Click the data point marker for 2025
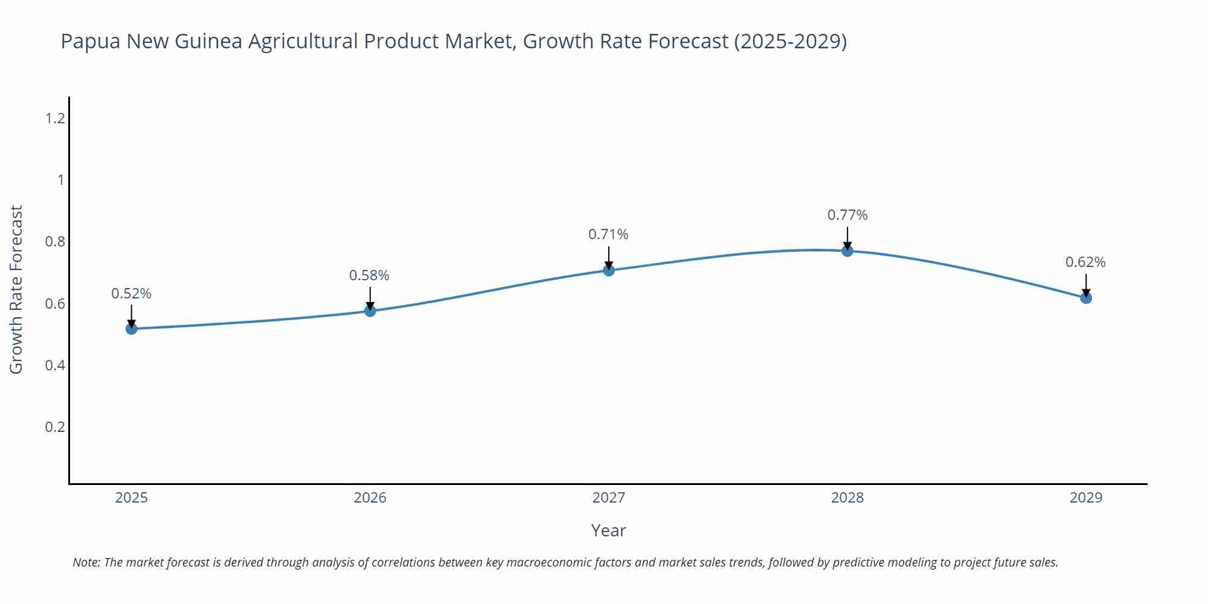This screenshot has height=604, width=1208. point(132,329)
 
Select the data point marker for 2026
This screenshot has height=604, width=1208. point(370,310)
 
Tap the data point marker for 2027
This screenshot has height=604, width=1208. point(609,270)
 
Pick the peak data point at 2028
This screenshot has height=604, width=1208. point(847,251)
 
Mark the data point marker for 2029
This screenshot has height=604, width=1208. point(1086,298)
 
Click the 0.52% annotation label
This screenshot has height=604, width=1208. point(132,294)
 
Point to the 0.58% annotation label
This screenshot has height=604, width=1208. point(370,275)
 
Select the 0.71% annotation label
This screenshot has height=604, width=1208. point(608,234)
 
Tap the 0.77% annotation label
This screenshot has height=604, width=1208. point(847,215)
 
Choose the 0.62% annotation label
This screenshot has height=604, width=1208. point(1085,262)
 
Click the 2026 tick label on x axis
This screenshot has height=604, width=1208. point(370,498)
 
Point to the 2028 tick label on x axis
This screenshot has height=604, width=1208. point(847,498)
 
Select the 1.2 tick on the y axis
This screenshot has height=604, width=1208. point(55,118)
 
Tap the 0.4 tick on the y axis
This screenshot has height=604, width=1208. point(55,365)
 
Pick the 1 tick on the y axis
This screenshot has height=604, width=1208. point(60,180)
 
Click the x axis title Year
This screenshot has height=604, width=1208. point(608,530)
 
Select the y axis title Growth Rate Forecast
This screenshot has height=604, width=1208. point(16,289)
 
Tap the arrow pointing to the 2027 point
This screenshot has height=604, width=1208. point(609,257)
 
